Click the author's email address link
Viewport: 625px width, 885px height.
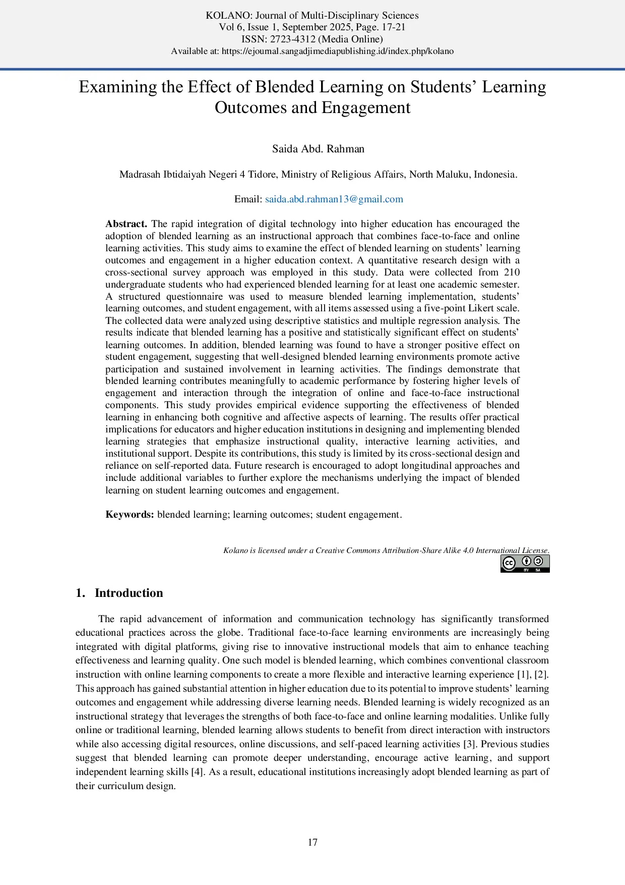[x=334, y=199]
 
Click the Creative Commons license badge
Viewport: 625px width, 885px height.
[x=525, y=564]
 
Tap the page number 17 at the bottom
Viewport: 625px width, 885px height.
[x=312, y=842]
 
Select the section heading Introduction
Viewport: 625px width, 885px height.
[x=129, y=593]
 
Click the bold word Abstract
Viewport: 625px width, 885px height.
[x=126, y=224]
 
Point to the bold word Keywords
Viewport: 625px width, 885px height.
[x=130, y=514]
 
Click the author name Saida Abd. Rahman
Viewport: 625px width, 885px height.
[x=318, y=149]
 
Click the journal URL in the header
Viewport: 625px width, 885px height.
[x=338, y=51]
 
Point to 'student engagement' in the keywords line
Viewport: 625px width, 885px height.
[x=358, y=514]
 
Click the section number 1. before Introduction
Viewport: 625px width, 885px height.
[x=80, y=593]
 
